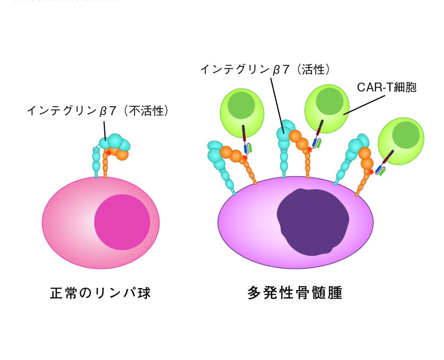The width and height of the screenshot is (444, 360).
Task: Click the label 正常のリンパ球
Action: pos(101,293)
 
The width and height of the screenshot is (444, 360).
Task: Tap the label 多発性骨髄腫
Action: pos(295,293)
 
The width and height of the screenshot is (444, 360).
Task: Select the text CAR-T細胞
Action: pos(387,88)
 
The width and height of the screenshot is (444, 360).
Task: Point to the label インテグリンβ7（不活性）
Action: pos(98,111)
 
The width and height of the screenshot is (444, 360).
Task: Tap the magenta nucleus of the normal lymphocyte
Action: pos(122,222)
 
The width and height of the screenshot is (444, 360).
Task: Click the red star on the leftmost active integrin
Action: pos(245,158)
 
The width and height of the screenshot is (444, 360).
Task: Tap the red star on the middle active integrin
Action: pos(309,150)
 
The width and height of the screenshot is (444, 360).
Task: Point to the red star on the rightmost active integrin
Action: pos(371,172)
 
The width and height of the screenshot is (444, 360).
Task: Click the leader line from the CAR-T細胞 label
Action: pos(364,104)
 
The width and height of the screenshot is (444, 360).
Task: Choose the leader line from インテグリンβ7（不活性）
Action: pos(104,129)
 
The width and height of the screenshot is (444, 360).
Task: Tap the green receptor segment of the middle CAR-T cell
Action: pos(319,143)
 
